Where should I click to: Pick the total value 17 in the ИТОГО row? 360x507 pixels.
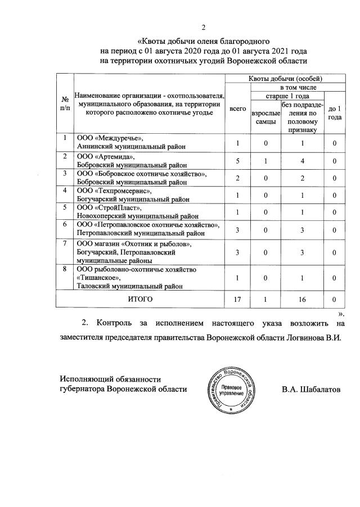pyautogui.click(x=237, y=300)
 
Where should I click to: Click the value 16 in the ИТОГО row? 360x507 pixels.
pyautogui.click(x=302, y=300)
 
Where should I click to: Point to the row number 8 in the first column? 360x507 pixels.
pyautogui.click(x=65, y=269)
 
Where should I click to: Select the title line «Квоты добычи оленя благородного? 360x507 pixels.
pyautogui.click(x=204, y=41)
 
